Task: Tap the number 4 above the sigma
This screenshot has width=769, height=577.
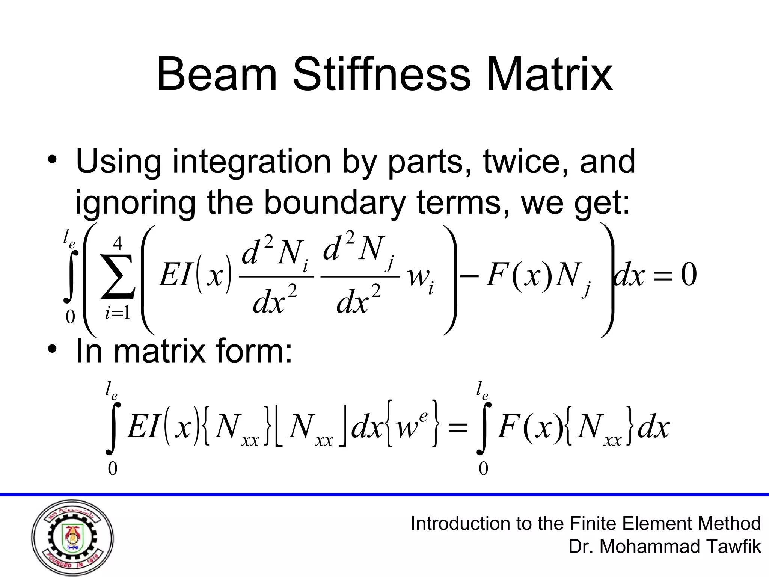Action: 118,244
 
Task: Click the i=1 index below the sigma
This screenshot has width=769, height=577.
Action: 118,313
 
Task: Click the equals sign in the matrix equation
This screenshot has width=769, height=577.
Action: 458,428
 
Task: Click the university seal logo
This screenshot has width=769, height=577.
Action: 72,538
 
